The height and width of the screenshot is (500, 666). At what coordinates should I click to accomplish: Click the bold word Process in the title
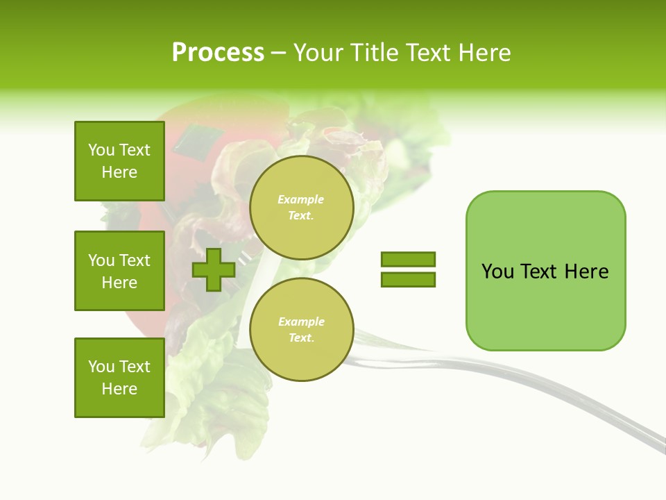pos(218,53)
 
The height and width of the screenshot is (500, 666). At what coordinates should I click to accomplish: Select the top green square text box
pos(119,161)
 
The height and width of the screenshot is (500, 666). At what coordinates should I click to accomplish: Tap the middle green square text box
pos(119,271)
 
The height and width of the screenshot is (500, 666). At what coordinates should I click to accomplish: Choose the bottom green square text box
pos(119,378)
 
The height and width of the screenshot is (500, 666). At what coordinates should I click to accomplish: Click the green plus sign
pos(214,269)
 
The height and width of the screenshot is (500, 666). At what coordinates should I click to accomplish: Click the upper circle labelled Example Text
pos(301,207)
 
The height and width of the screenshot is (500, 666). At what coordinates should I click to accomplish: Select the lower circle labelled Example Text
pos(301,329)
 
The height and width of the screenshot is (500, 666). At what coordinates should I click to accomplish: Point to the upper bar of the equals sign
pos(408,260)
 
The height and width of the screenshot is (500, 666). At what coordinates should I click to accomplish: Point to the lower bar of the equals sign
pos(408,279)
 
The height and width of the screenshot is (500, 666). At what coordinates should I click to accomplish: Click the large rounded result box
pos(545,306)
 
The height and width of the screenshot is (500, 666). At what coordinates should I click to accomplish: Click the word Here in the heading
pos(484,53)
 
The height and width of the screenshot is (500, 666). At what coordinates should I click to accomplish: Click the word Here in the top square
pos(119,172)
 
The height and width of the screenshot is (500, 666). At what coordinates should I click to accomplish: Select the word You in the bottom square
pos(101,367)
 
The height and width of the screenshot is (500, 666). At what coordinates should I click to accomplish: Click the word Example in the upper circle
pos(301,199)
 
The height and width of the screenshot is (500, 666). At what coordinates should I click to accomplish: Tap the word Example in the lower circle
pos(301,322)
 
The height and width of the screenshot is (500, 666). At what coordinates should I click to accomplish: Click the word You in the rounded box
pos(497,272)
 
